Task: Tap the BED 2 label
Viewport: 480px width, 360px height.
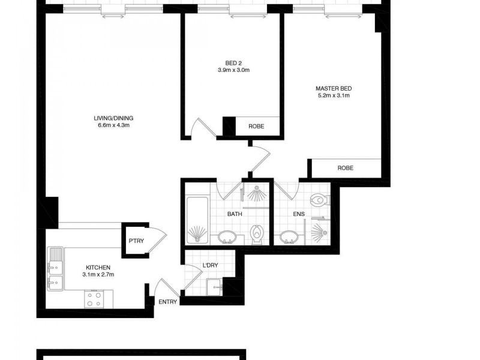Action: point(234,62)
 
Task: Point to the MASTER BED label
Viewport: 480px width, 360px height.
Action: point(333,88)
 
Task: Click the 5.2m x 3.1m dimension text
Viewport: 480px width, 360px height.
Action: point(333,95)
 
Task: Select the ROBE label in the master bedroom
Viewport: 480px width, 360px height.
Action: point(345,168)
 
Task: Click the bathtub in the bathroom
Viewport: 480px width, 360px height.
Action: point(197,220)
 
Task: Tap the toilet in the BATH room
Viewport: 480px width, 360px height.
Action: point(257,234)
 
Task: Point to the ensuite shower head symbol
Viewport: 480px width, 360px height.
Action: point(319,232)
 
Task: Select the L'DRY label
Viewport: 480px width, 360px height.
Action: point(210,265)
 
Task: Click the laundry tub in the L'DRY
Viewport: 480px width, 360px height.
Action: point(214,287)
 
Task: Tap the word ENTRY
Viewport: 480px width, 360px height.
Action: point(168,302)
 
